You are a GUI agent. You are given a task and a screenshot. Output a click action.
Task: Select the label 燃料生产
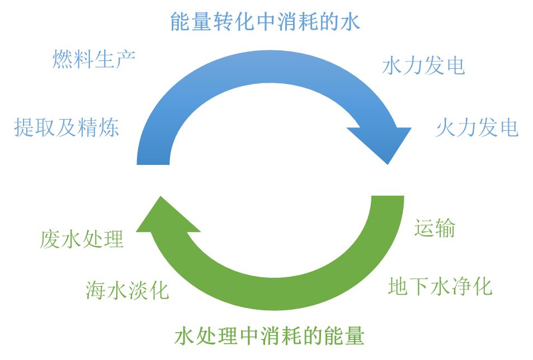pyautogui.click(x=94, y=59)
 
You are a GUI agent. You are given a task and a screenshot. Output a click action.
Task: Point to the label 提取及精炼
pyautogui.click(x=67, y=128)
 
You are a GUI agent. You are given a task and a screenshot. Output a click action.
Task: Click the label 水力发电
pyautogui.click(x=423, y=66)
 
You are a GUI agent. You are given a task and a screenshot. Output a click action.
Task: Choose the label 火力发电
pyautogui.click(x=477, y=128)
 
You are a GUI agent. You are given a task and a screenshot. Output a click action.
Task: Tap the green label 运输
pyautogui.click(x=435, y=229)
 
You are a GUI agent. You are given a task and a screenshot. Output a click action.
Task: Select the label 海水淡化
pyautogui.click(x=127, y=290)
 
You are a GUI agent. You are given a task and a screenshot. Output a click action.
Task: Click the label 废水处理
pyautogui.click(x=82, y=239)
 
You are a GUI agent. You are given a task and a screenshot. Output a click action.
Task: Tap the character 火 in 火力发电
pyautogui.click(x=446, y=128)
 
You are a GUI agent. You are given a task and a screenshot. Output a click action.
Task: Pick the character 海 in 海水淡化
pyautogui.click(x=96, y=290)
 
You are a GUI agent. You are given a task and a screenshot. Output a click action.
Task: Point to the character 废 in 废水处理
pyautogui.click(x=50, y=239)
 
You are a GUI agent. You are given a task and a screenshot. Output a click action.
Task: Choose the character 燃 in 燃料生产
pyautogui.click(x=63, y=59)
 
